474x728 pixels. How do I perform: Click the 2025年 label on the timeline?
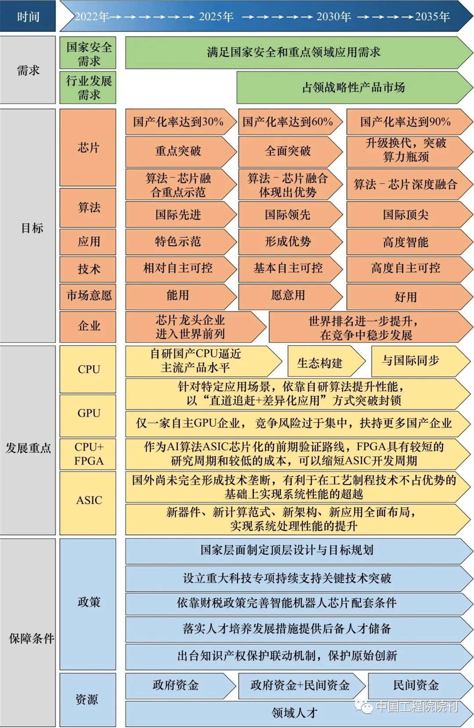(x=216, y=17)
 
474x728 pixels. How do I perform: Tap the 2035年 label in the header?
(x=432, y=17)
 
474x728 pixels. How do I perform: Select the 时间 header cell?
(x=28, y=17)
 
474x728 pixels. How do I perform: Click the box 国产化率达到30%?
(x=179, y=122)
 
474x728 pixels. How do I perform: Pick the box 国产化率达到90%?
(x=406, y=122)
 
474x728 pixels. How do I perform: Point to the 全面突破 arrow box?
(x=288, y=151)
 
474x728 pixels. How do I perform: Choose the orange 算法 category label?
(x=88, y=207)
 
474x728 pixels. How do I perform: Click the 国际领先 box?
(x=288, y=215)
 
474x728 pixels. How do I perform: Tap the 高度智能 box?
(x=406, y=242)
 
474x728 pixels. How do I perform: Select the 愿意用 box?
(x=288, y=296)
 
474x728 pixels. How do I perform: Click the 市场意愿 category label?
(x=88, y=296)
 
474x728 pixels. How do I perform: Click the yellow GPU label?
(x=88, y=413)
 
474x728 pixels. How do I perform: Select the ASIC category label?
(x=88, y=500)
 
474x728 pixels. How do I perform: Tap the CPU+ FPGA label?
(x=88, y=454)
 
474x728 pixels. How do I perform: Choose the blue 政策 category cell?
(x=88, y=602)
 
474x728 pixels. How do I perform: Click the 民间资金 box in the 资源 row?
(x=416, y=685)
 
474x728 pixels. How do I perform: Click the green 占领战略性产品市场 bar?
(x=354, y=87)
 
